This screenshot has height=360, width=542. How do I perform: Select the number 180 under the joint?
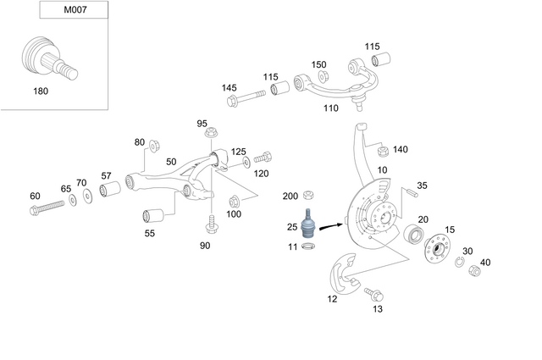(x=40, y=90)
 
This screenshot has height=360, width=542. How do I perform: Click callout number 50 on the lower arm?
(x=171, y=162)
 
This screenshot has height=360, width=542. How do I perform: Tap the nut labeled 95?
(x=213, y=134)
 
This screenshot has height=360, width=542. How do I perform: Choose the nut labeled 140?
(x=381, y=151)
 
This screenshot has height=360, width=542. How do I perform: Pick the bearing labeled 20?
(x=414, y=233)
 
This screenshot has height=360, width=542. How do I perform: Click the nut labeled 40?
(x=476, y=272)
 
